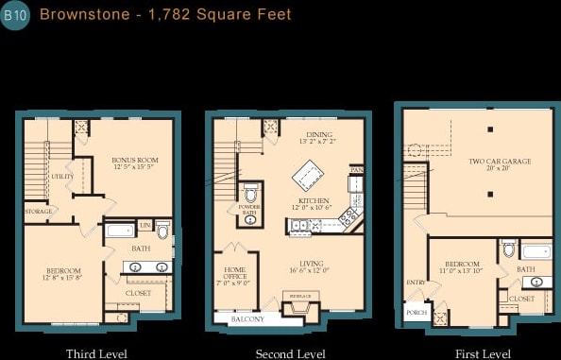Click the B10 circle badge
tap(16, 16)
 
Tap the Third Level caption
tap(96, 353)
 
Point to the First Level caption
tap(483, 353)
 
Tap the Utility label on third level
tap(63, 177)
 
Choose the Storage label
tap(39, 211)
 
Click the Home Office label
tap(235, 275)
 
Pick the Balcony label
tap(247, 319)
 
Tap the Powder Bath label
tap(249, 210)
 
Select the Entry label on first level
tap(416, 283)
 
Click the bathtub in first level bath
tap(536, 251)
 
